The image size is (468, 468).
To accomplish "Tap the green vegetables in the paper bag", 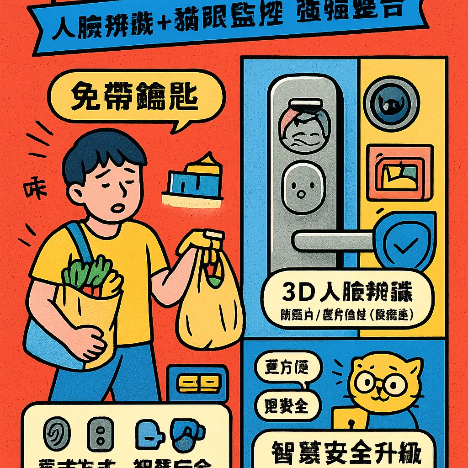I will [x=87, y=272].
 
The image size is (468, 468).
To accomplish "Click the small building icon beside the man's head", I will [x=194, y=181].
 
